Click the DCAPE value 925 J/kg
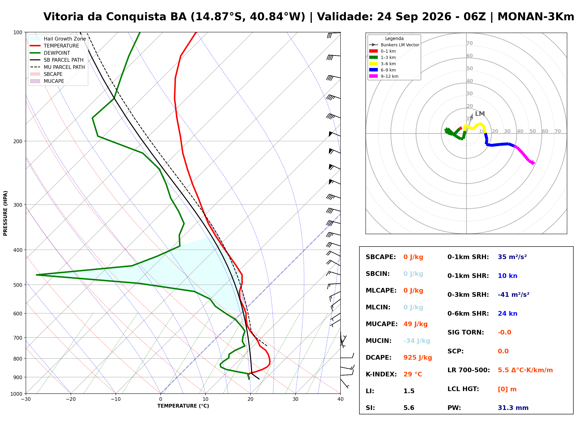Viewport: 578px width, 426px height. [417, 357]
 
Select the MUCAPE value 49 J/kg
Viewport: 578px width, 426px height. [415, 324]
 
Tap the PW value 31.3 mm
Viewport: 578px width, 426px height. [513, 408]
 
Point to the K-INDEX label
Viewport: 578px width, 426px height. [381, 374]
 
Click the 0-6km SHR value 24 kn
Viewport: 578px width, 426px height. [507, 313]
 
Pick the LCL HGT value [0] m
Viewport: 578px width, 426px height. [507, 389]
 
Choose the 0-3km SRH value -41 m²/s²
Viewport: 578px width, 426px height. [513, 294]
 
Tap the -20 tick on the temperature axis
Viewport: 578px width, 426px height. [70, 399]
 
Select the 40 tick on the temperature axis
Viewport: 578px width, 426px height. [340, 399]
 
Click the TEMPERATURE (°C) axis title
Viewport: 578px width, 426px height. [183, 406]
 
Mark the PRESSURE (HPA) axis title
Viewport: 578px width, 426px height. [5, 213]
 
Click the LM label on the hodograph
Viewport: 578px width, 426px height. [480, 114]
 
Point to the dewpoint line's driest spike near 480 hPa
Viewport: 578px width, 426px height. [36, 275]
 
